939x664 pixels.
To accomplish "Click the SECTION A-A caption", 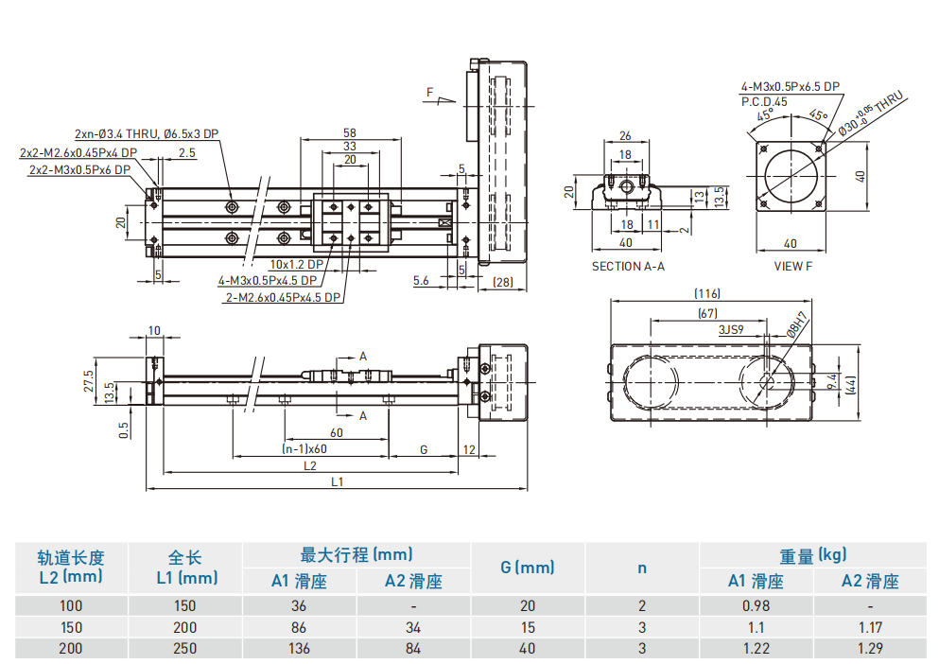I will point(628,266).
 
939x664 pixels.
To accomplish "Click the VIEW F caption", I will point(792,266).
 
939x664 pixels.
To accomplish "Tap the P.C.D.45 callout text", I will point(764,100).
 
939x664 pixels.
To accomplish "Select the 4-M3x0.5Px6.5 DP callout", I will point(790,86).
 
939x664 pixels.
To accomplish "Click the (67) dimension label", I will point(707,313).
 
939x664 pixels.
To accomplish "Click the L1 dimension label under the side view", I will point(337,481).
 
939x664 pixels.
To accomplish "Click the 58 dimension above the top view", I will point(349,133).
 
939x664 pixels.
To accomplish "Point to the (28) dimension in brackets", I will point(503,282).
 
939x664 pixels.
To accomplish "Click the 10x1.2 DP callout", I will point(296,265).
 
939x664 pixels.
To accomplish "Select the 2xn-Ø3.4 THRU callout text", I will point(147,134).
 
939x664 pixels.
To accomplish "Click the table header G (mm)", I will point(527,568).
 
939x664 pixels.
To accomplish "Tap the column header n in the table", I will point(642,568).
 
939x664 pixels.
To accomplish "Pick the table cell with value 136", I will point(299,648).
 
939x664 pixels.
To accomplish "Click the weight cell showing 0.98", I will point(756,606).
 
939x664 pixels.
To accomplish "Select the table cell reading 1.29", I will point(869,648).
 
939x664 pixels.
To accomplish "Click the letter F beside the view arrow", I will point(429,92).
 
